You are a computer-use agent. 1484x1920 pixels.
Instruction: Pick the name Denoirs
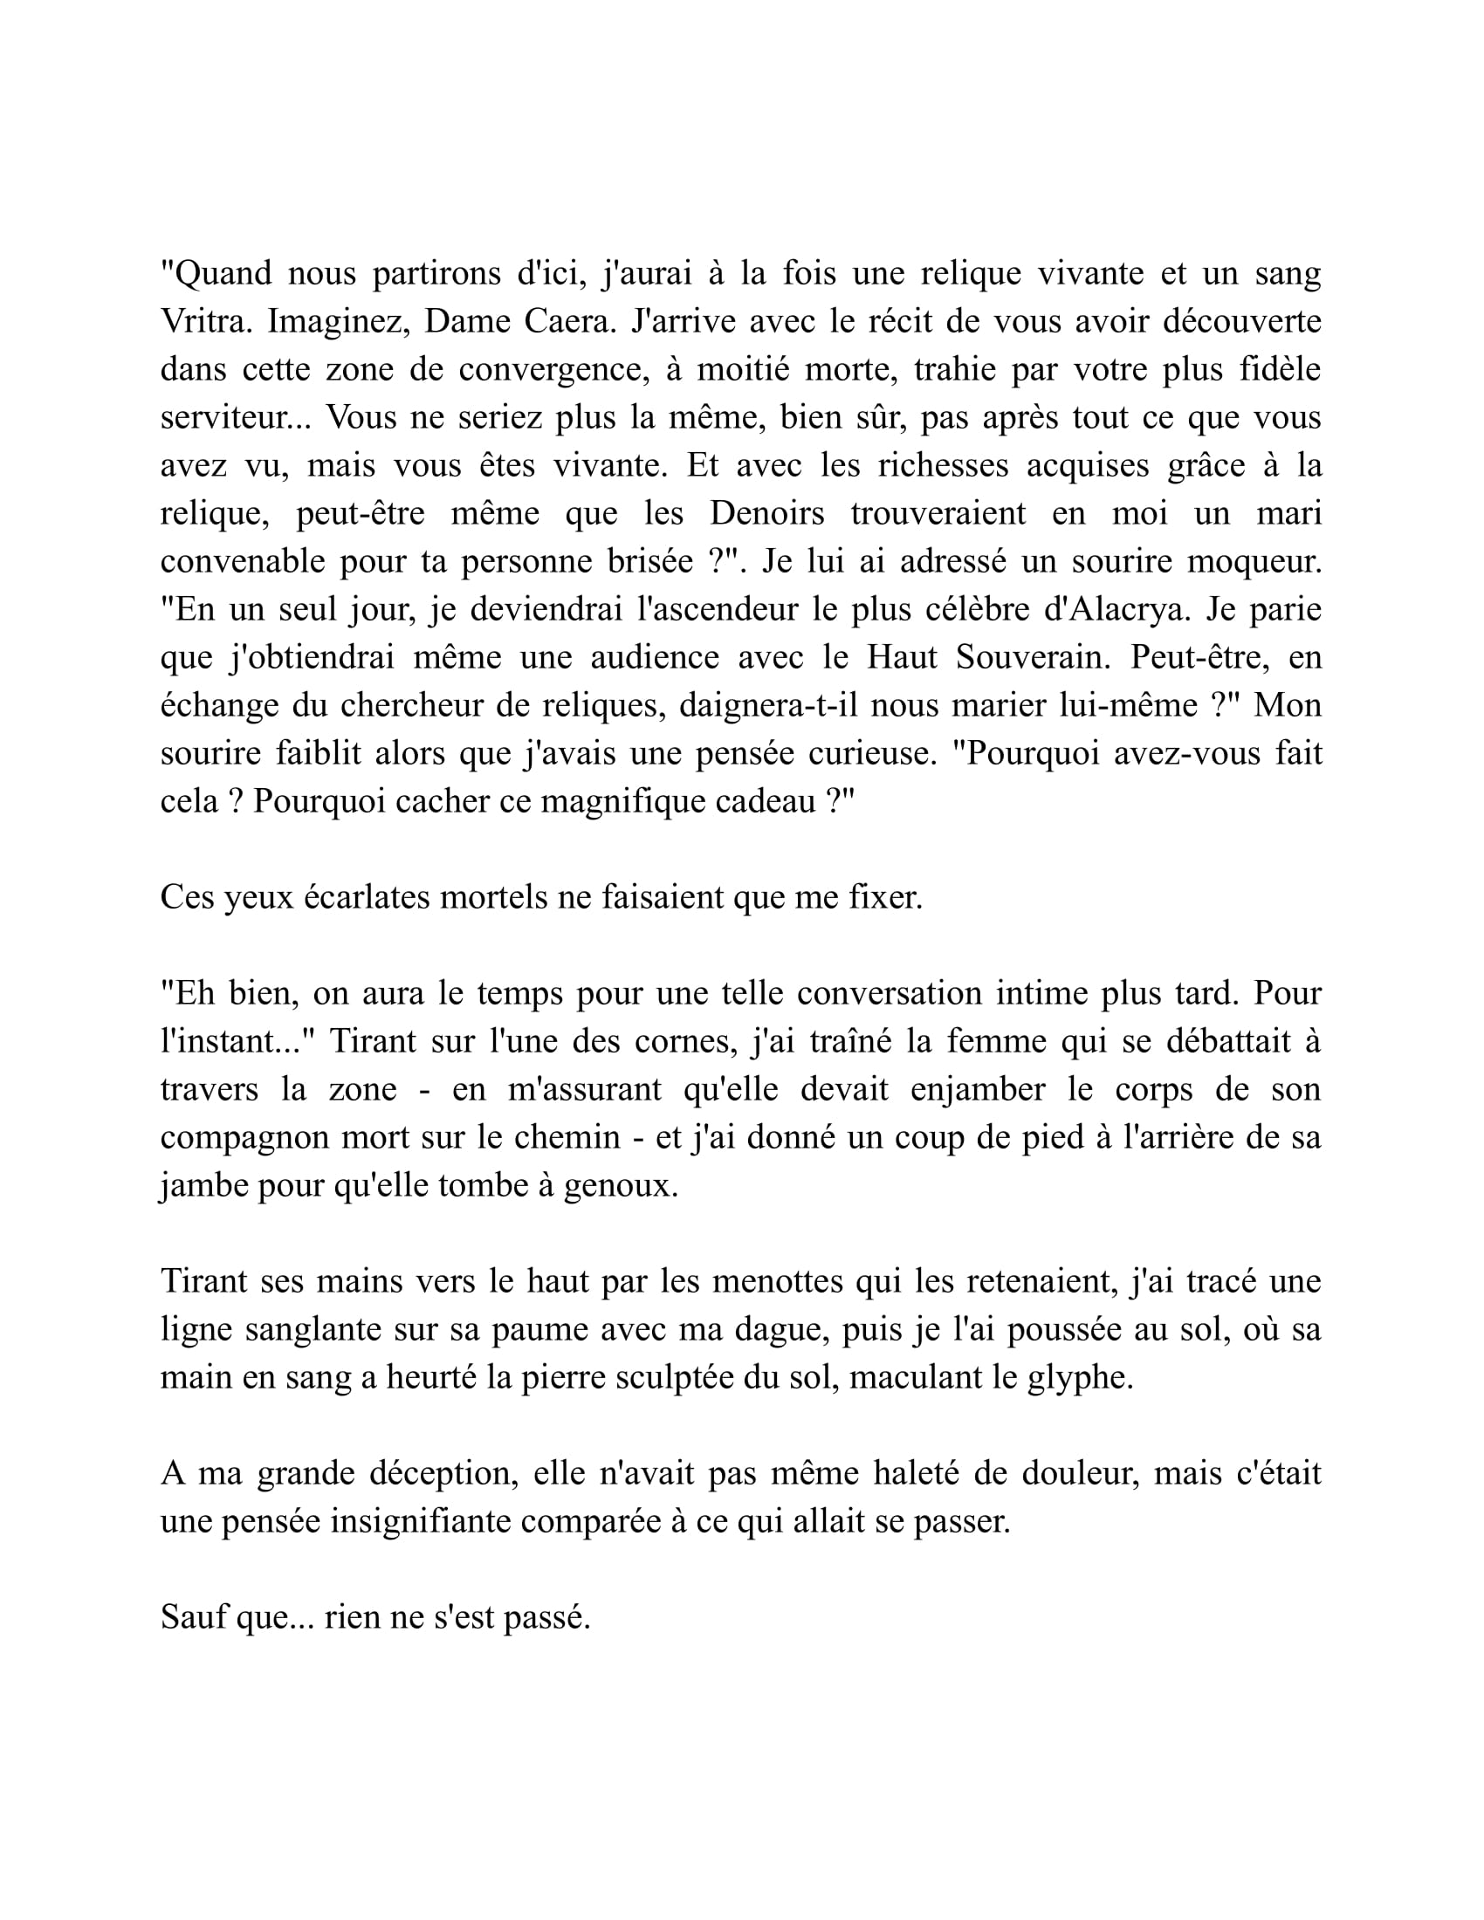pos(766,513)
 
